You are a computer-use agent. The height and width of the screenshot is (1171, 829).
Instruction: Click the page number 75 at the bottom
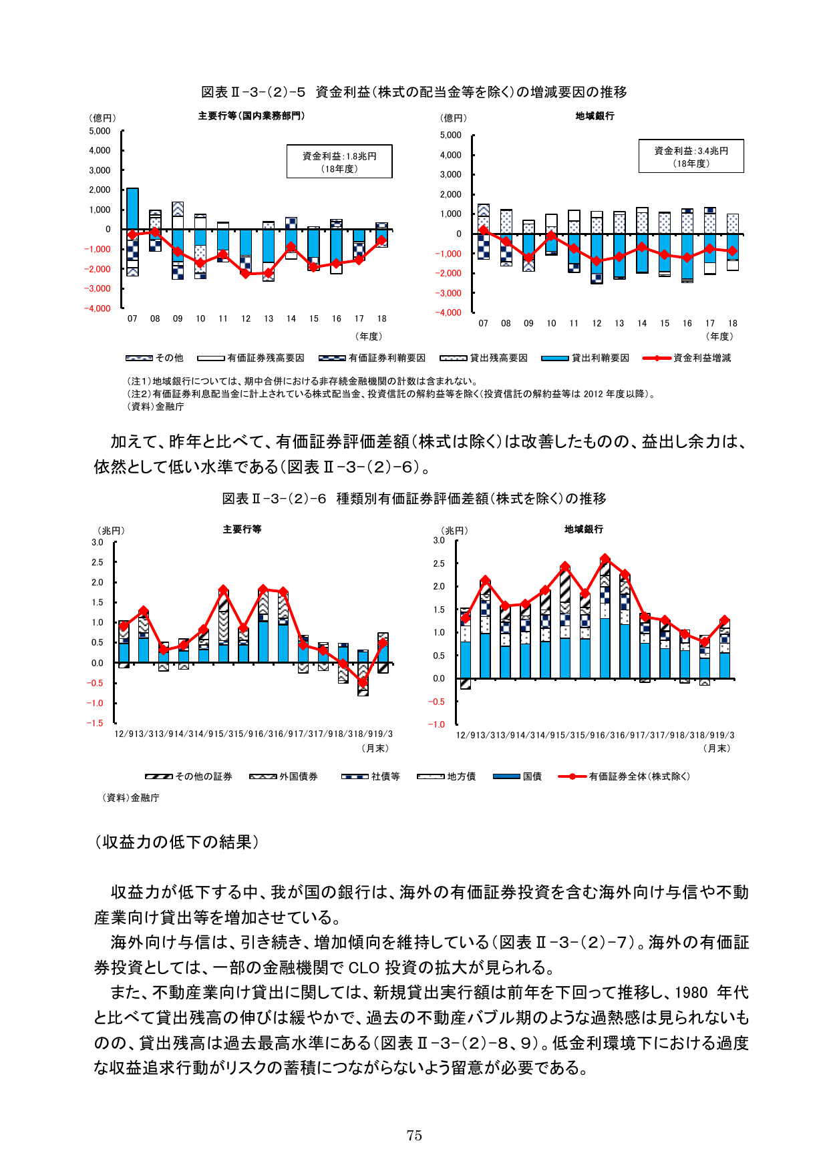pyautogui.click(x=414, y=1135)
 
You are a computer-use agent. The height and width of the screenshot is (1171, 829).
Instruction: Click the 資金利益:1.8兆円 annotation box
pyautogui.click(x=339, y=162)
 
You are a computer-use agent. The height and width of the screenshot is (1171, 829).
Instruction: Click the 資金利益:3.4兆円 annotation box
pyautogui.click(x=691, y=157)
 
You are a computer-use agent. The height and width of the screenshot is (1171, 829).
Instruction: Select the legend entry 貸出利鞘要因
pyautogui.click(x=599, y=359)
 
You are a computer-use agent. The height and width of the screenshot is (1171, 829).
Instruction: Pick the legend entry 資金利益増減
pyautogui.click(x=701, y=359)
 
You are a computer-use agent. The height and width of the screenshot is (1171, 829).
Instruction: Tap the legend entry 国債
pyautogui.click(x=532, y=776)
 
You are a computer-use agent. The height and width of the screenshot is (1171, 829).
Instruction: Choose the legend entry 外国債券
pyautogui.click(x=298, y=776)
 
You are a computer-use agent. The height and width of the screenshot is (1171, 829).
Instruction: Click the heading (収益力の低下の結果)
pyautogui.click(x=176, y=842)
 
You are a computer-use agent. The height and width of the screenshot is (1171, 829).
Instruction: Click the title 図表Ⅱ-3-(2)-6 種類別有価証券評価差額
pyautogui.click(x=414, y=499)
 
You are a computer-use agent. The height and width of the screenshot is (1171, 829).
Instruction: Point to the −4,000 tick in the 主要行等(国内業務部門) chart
pyautogui.click(x=98, y=308)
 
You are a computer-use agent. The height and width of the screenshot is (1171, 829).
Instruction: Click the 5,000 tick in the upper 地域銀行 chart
pyautogui.click(x=450, y=136)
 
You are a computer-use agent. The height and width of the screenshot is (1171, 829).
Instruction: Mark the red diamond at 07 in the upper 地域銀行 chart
pyautogui.click(x=484, y=230)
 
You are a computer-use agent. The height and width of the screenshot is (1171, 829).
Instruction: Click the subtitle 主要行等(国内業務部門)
pyautogui.click(x=251, y=116)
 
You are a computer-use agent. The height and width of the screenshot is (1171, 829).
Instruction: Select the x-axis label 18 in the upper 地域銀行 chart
pyautogui.click(x=732, y=324)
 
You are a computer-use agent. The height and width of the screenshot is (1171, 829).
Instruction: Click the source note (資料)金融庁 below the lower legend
pyautogui.click(x=131, y=798)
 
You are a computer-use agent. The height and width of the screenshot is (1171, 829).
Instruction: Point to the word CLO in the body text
pyautogui.click(x=363, y=967)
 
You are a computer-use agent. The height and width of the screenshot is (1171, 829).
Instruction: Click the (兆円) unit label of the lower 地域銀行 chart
pyautogui.click(x=454, y=531)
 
